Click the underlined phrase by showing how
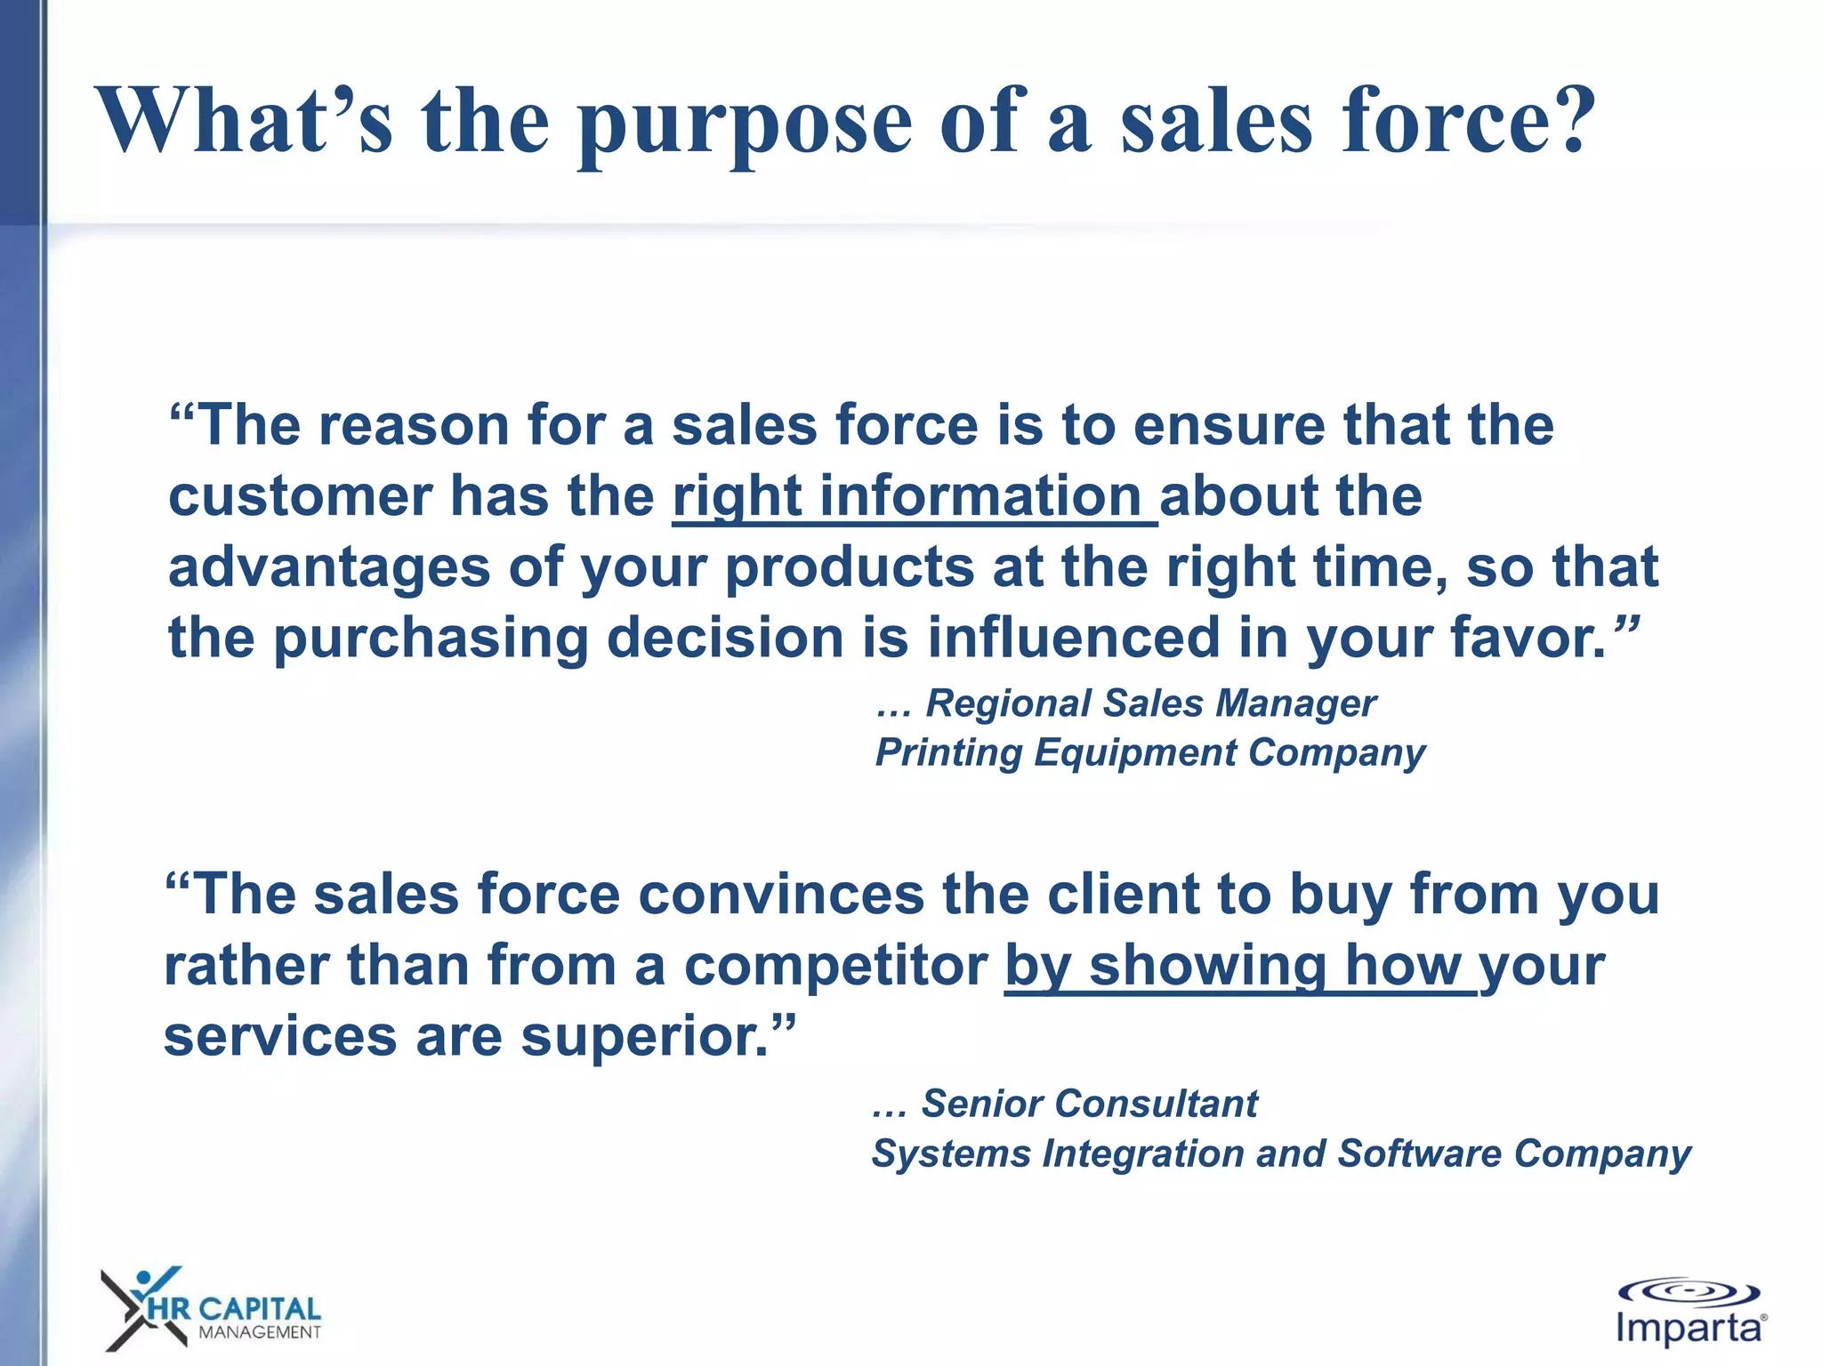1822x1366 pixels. tap(1240, 966)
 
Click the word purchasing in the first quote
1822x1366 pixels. tap(431, 639)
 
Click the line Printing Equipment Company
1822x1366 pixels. tap(1150, 753)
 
